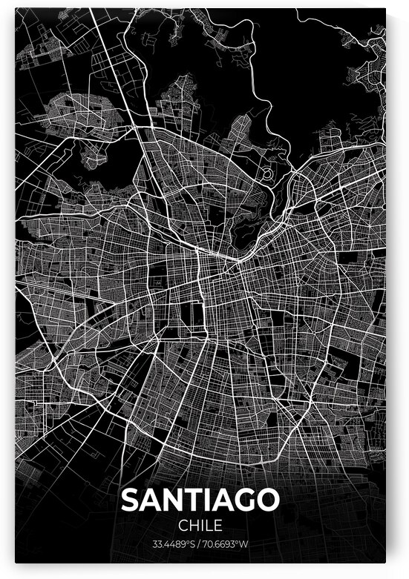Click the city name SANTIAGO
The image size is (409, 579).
click(x=200, y=500)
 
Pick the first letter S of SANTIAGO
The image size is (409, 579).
click(x=131, y=500)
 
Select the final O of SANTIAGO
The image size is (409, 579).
click(x=267, y=500)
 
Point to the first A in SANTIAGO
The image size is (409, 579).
click(x=151, y=500)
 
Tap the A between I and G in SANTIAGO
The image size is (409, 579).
click(x=221, y=500)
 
